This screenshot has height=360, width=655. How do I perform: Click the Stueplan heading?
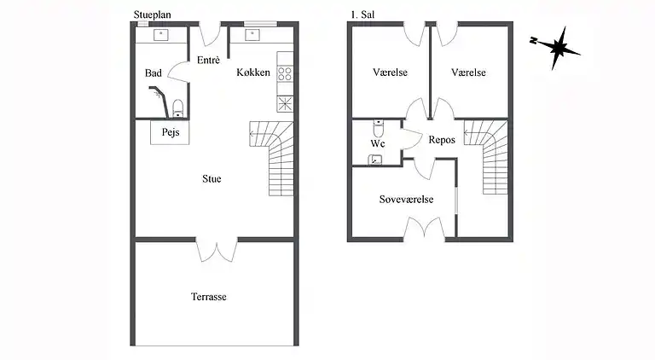click(152, 15)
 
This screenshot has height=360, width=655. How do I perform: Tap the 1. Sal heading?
click(362, 15)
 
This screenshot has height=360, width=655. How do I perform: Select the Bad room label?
click(154, 73)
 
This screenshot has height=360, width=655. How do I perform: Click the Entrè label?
click(208, 60)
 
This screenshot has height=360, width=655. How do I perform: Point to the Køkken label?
click(253, 73)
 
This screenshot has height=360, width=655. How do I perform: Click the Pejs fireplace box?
click(170, 132)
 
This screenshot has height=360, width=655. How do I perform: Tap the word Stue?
click(212, 179)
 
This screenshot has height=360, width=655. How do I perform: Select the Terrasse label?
click(209, 297)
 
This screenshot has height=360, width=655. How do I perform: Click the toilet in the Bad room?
click(178, 108)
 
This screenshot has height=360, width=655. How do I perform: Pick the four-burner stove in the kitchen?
click(285, 74)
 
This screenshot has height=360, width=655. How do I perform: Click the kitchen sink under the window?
click(252, 35)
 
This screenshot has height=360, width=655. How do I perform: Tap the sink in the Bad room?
click(161, 35)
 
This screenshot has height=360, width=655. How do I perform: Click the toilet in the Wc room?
click(378, 128)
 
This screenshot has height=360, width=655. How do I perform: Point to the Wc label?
click(378, 143)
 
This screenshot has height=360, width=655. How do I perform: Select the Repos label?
click(442, 140)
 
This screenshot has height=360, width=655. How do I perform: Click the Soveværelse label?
click(407, 200)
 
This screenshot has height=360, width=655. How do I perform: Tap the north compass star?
click(555, 48)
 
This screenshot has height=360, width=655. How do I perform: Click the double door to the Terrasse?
click(217, 250)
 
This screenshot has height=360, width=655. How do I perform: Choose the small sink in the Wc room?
click(374, 160)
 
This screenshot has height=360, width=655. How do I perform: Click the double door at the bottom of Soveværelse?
click(425, 229)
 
